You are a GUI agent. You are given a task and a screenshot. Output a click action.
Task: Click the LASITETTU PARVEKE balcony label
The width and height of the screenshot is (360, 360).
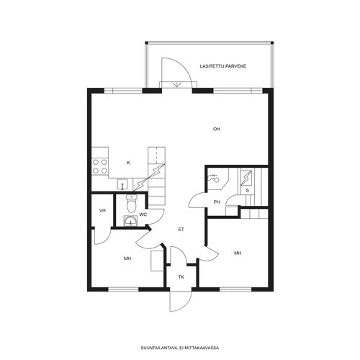pyautogui.click(x=223, y=66)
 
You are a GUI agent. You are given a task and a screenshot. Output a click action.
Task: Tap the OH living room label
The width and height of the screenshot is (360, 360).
pyautogui.click(x=217, y=129)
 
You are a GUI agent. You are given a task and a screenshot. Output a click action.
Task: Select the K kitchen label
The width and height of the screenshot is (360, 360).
pyautogui.click(x=128, y=163)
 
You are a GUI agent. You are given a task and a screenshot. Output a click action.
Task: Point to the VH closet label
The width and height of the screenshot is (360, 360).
pyautogui.click(x=102, y=211)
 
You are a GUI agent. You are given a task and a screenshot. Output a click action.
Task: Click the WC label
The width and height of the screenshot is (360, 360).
pyautogui.click(x=143, y=215)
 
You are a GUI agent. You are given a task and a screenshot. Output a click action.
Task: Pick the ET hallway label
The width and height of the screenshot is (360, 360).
pyautogui.click(x=181, y=230)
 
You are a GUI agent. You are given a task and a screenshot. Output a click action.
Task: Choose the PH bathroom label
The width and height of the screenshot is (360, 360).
pyautogui.click(x=217, y=202)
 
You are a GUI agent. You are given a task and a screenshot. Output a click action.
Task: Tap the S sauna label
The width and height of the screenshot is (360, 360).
pyautogui.click(x=247, y=191)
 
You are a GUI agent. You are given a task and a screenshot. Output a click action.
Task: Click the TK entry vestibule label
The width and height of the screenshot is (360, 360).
pyautogui.click(x=181, y=277)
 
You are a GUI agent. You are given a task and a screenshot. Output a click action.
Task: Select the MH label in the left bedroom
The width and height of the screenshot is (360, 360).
pyautogui.click(x=127, y=258)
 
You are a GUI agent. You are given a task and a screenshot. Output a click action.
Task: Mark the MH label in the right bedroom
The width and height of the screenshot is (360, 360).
pyautogui.click(x=238, y=253)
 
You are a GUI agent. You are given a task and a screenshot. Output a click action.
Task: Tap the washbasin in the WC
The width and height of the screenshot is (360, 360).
pyautogui.click(x=130, y=220)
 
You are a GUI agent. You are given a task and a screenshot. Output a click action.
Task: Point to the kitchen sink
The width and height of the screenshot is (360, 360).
pyautogui.click(x=122, y=184)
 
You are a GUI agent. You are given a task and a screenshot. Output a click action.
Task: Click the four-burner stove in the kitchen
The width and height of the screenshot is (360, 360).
pyautogui.click(x=100, y=166)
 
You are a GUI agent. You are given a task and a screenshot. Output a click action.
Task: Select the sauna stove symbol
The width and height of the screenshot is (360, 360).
pyautogui.click(x=246, y=178)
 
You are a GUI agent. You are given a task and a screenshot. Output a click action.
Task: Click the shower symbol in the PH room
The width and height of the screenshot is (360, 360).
pyautogui.click(x=213, y=178)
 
